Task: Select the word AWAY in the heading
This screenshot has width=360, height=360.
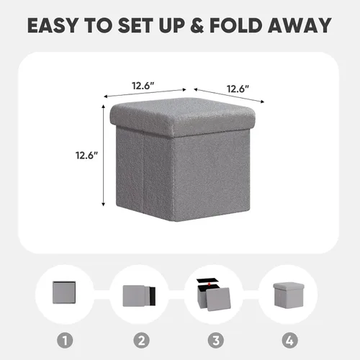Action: click(302, 26)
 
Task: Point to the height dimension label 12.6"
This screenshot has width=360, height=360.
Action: click(86, 154)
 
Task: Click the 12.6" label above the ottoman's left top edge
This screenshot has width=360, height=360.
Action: click(142, 85)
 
